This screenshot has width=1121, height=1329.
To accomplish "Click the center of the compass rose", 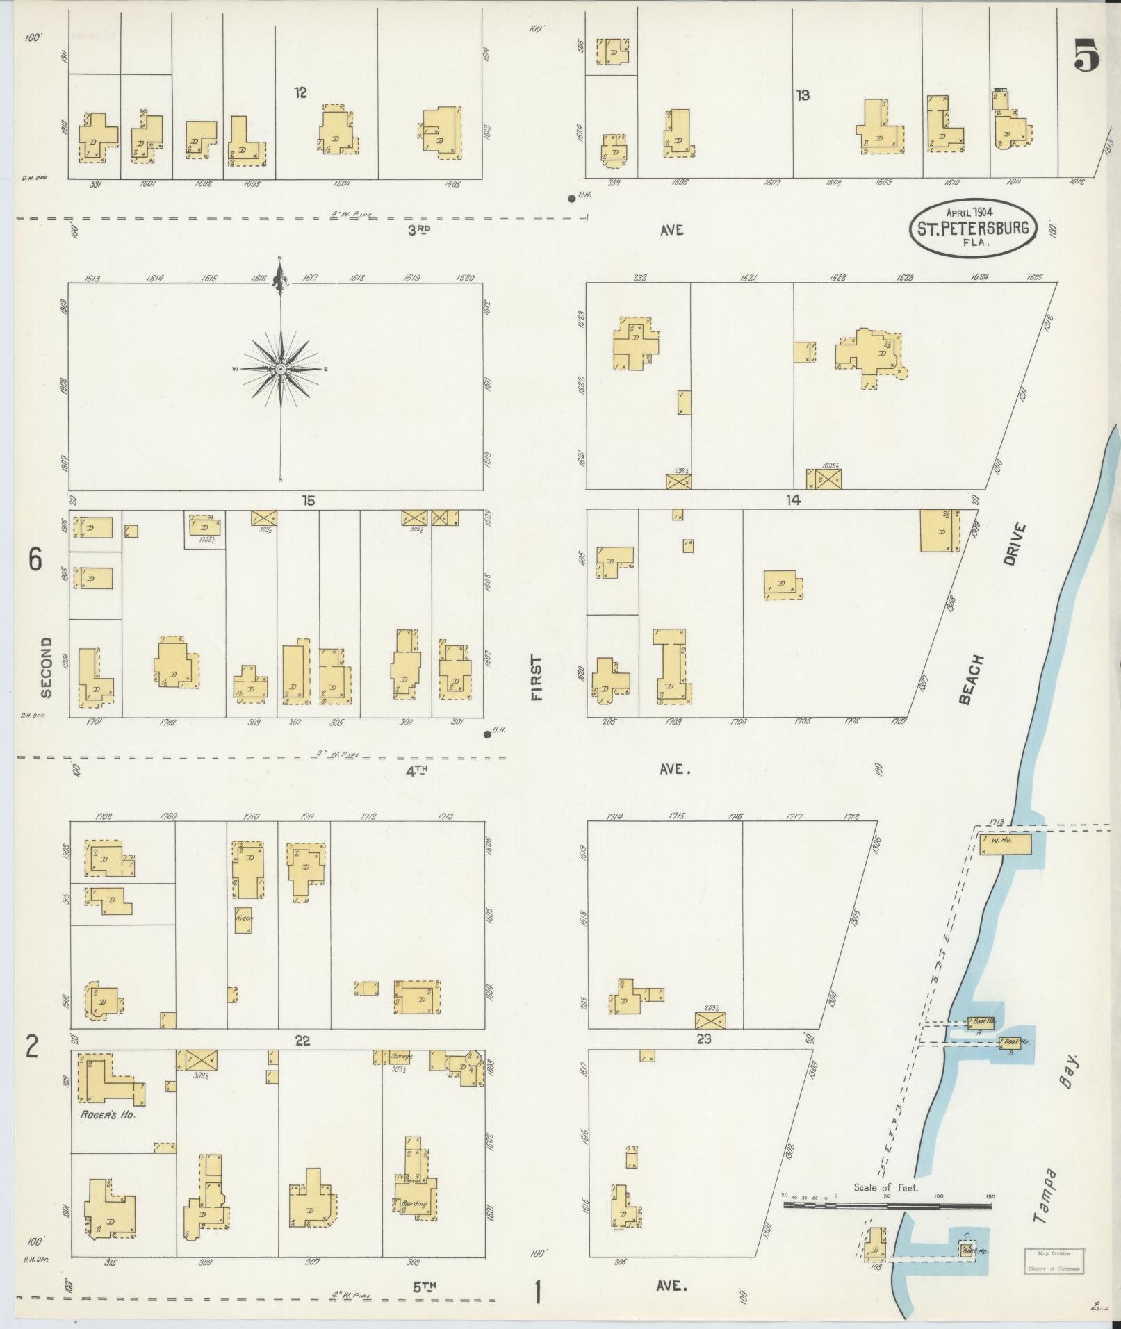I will (280, 369).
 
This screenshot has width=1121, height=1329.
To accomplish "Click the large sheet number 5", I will (1087, 56).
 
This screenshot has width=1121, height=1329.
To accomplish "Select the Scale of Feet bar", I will (887, 1205).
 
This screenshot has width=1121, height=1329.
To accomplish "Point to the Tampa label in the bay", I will (1043, 1197).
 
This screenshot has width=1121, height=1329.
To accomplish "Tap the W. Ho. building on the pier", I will (1005, 844).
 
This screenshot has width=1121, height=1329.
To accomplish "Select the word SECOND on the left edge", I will (46, 668).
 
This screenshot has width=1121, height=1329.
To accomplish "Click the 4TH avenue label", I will (416, 770).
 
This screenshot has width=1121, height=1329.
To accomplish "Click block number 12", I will (300, 92).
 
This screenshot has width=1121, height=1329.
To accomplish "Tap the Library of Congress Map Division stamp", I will (1054, 1260).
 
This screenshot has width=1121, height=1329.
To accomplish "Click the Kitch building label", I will (244, 918).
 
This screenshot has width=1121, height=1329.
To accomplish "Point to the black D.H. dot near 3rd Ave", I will (571, 199).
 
